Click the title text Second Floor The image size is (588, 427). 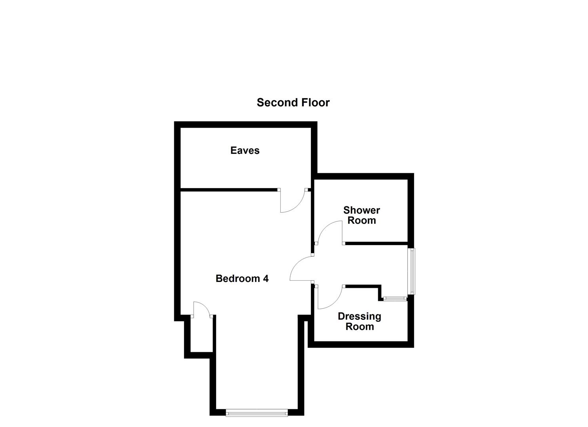pyautogui.click(x=293, y=102)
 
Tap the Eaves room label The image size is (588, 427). pyautogui.click(x=245, y=150)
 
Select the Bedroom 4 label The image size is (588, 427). pyautogui.click(x=242, y=278)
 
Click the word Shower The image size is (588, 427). pyautogui.click(x=361, y=210)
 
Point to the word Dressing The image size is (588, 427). pyautogui.click(x=359, y=316)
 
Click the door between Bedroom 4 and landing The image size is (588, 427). pyautogui.click(x=301, y=269)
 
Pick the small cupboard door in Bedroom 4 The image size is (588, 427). pyautogui.click(x=202, y=308)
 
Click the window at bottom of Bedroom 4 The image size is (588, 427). pyautogui.click(x=257, y=413)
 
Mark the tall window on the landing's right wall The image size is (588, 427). pyautogui.click(x=412, y=271)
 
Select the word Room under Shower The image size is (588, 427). pyautogui.click(x=361, y=221)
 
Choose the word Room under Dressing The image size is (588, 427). pyautogui.click(x=359, y=327)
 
